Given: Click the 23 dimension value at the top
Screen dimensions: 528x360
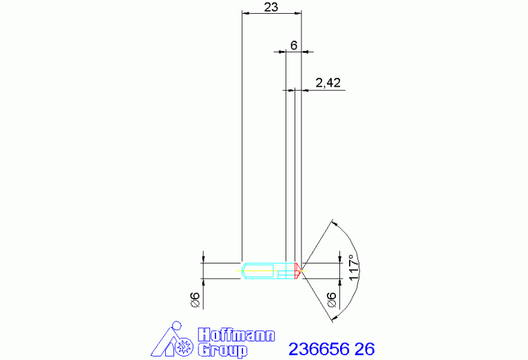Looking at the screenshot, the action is point(271,7).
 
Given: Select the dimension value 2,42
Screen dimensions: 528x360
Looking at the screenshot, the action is point(328,83).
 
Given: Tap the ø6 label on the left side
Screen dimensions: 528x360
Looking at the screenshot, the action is point(195,299).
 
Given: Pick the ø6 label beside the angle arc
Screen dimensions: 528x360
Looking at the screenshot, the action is point(331,299).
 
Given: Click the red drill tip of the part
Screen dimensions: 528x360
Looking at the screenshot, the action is point(297,271).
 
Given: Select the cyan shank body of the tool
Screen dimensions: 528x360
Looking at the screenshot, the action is point(268,271).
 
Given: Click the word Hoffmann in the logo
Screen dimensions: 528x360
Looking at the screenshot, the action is point(236,335).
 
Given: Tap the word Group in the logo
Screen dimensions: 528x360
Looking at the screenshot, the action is point(222,350).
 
